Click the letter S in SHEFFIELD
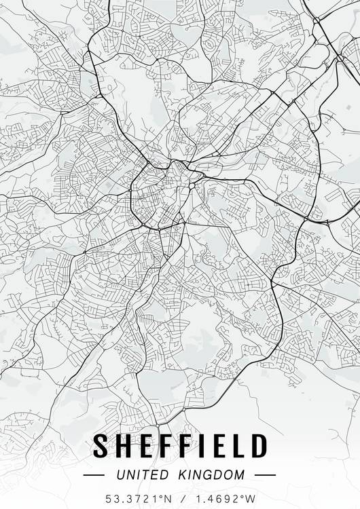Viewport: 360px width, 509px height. click(x=101, y=447)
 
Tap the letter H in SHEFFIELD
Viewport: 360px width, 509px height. click(x=124, y=447)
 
